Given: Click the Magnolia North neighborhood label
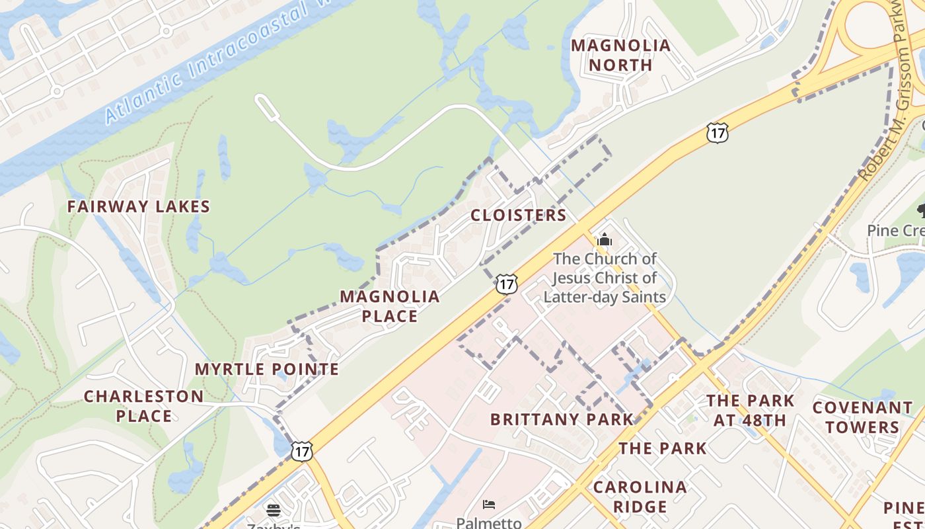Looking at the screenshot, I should pyautogui.click(x=620, y=55).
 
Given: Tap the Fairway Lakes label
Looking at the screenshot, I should pyautogui.click(x=139, y=206).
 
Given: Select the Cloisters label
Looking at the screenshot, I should pyautogui.click(x=519, y=215).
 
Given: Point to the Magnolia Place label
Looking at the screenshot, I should pyautogui.click(x=390, y=306).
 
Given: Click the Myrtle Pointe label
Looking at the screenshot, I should pyautogui.click(x=267, y=369).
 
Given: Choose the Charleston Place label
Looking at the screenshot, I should pyautogui.click(x=144, y=406).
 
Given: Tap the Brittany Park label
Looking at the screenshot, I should pyautogui.click(x=562, y=419).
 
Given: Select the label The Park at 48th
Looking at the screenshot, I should pyautogui.click(x=751, y=410).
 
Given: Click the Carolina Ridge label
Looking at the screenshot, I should pyautogui.click(x=640, y=497).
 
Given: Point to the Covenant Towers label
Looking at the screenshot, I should pyautogui.click(x=862, y=417).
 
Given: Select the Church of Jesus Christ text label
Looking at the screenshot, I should pyautogui.click(x=605, y=278).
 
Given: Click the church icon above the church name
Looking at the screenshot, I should pyautogui.click(x=605, y=239).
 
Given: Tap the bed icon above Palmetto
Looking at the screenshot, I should pyautogui.click(x=488, y=505).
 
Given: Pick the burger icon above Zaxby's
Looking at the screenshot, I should pyautogui.click(x=274, y=510).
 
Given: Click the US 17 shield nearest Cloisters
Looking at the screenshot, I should pyautogui.click(x=506, y=284).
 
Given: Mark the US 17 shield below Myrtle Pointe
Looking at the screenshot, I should pyautogui.click(x=301, y=451).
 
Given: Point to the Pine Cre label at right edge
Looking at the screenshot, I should pyautogui.click(x=895, y=230).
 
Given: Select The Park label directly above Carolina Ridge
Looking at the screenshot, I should pyautogui.click(x=663, y=448).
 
